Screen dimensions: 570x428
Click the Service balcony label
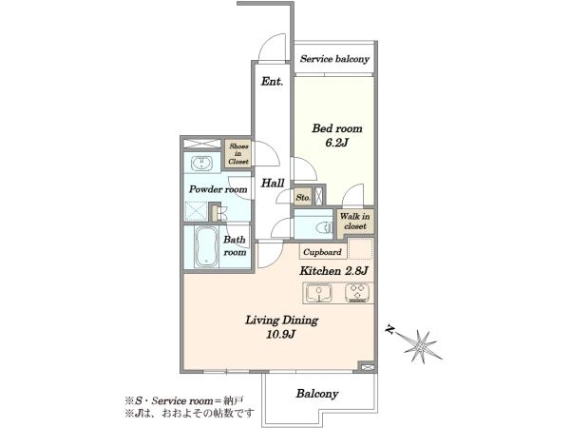point(334,59)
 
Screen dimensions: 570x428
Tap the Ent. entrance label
point(272,81)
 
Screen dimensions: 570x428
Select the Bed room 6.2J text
point(337,135)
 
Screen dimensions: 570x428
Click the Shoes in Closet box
point(238,153)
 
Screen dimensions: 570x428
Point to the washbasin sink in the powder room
point(201,163)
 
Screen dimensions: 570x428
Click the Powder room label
point(218,189)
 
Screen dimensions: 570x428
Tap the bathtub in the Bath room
point(206,246)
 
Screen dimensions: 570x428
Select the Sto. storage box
point(303,197)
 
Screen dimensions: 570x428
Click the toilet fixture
point(324,228)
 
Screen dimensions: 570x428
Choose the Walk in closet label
point(354,221)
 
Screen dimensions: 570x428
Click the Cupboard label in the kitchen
point(322,252)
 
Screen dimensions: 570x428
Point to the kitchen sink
point(318,293)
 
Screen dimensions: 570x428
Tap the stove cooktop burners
point(357,293)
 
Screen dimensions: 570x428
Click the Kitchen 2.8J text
point(334,271)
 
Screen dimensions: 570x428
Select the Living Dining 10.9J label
point(281,327)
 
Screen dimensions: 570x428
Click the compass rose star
point(421,346)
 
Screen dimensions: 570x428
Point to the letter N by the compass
point(390,330)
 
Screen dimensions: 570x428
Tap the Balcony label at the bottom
point(317,394)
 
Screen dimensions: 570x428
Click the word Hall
point(273,183)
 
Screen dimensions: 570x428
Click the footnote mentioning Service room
point(184,401)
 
